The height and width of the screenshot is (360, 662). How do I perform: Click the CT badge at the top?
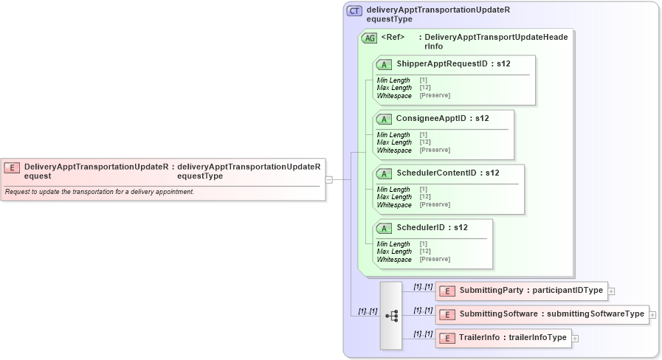(x=354, y=11)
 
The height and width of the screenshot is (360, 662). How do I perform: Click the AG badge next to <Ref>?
(x=369, y=38)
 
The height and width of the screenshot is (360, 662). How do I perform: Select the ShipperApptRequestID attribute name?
(x=441, y=64)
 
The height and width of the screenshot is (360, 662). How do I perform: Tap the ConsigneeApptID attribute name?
(x=431, y=118)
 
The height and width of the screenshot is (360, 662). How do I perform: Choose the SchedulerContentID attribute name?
(x=436, y=173)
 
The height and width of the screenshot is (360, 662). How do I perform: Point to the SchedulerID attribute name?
(x=420, y=227)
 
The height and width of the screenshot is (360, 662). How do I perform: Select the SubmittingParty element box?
(x=520, y=291)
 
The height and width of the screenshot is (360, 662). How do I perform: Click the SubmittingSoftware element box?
(x=542, y=314)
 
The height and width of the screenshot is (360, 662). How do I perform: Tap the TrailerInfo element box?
(x=503, y=338)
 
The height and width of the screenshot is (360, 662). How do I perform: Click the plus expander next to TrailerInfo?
(x=576, y=339)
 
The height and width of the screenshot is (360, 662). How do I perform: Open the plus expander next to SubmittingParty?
(x=611, y=291)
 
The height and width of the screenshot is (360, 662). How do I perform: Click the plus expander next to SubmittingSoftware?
(x=653, y=315)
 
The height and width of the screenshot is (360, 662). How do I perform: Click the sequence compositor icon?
(x=391, y=315)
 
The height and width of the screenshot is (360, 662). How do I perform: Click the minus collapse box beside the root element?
(x=329, y=179)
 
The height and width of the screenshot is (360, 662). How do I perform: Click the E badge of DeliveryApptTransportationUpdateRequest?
(x=12, y=167)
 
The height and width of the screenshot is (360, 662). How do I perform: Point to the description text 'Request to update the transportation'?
(x=100, y=192)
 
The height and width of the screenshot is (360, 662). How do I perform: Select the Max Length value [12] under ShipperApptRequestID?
(x=424, y=88)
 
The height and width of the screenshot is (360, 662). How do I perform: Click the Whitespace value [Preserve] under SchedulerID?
(x=435, y=259)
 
